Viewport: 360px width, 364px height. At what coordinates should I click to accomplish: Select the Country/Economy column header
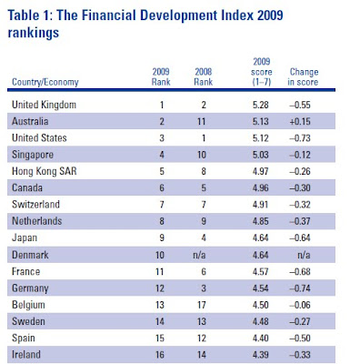45,82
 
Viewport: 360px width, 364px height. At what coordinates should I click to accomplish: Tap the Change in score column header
303,76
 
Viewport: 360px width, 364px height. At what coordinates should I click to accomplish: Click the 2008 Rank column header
203,76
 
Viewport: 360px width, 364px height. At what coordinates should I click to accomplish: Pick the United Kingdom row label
44,105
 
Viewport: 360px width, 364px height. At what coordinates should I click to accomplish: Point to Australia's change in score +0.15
300,122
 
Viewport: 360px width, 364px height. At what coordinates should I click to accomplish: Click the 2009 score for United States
261,138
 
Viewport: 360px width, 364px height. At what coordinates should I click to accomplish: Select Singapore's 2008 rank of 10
202,155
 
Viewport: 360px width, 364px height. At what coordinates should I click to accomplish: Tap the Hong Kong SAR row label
45,171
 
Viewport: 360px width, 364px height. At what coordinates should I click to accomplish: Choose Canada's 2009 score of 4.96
261,188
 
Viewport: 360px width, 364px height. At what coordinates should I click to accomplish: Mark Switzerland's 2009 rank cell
162,205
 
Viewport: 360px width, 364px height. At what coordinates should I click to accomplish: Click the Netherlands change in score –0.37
300,221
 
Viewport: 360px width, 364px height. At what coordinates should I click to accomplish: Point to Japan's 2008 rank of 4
204,238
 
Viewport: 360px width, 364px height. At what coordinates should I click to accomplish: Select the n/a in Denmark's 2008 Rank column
199,255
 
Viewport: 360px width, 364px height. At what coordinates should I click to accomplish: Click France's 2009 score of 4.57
261,271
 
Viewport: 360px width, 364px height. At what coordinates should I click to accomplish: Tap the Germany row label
30,288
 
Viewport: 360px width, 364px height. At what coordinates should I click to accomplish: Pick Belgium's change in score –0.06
300,305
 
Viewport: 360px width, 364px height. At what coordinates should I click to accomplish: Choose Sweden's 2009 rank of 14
160,321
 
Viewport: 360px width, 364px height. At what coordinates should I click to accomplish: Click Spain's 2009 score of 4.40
261,339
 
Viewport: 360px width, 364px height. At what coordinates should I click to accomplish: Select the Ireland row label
26,355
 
